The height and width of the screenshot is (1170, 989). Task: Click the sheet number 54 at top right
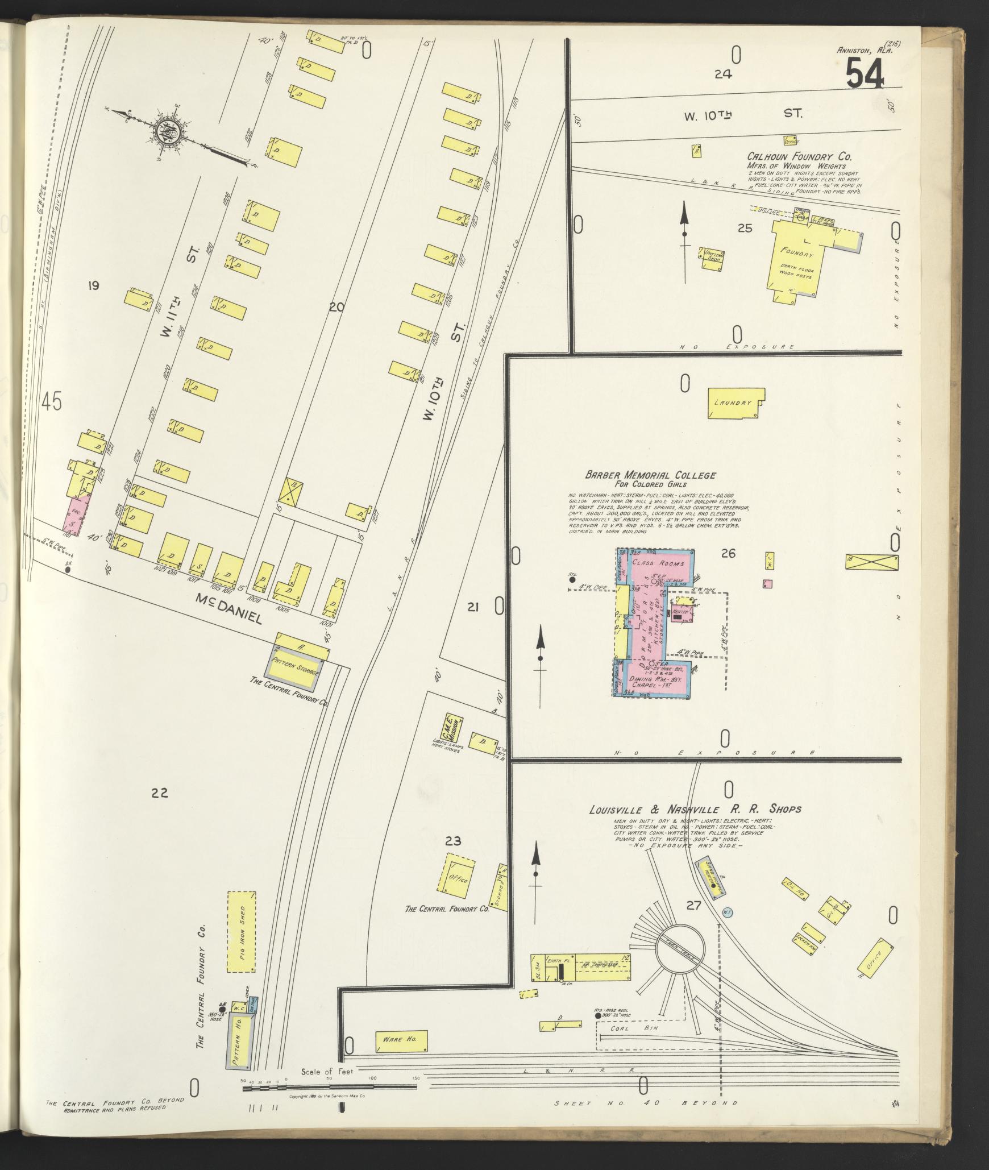point(865,74)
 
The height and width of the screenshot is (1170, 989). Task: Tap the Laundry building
point(735,403)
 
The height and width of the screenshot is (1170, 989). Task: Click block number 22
point(160,791)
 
